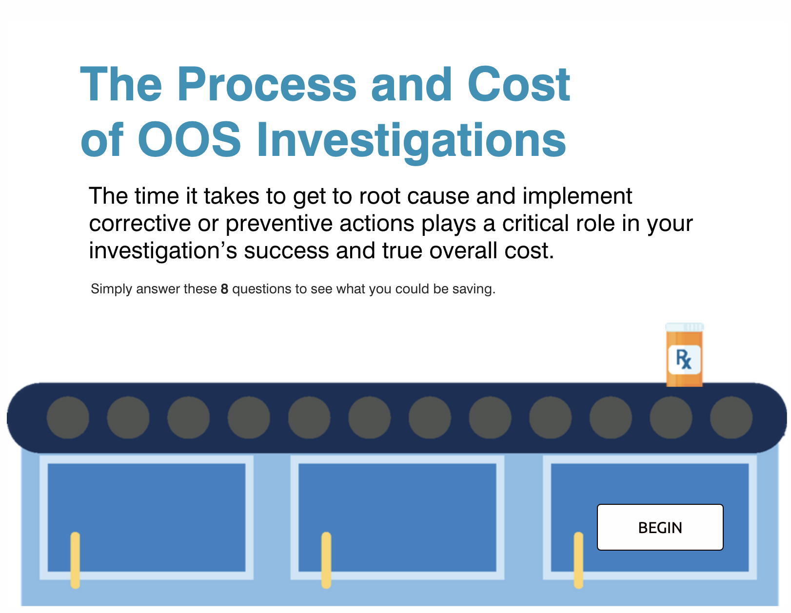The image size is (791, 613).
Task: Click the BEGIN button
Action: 660,527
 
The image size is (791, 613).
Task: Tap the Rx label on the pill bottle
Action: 684,360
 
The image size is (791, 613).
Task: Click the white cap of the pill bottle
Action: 684,327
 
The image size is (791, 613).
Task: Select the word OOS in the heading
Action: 189,140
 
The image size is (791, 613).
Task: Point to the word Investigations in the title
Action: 411,140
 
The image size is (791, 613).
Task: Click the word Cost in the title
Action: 518,85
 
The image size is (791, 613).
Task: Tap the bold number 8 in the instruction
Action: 224,289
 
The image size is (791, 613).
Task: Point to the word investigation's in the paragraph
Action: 162,251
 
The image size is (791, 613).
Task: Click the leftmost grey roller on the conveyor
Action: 68,418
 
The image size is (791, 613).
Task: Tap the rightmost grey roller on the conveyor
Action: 731,418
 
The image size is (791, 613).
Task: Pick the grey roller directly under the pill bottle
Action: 671,418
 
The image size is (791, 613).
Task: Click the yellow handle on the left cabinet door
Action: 75,560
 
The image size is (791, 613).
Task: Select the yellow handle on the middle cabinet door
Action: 326,560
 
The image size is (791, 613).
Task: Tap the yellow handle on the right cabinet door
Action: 578,560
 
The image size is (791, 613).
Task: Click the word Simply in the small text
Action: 111,289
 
